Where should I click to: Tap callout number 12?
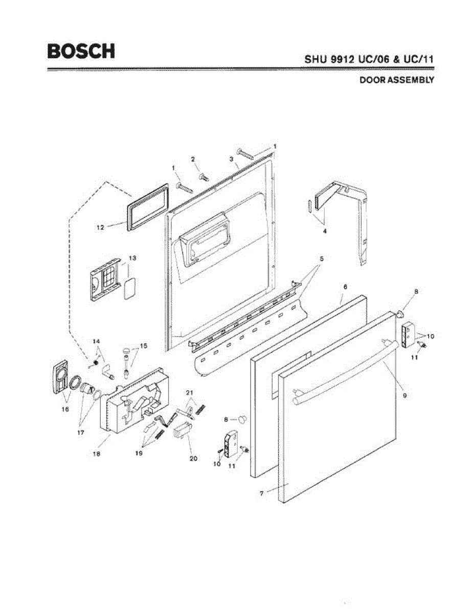(101, 228)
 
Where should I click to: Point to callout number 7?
(262, 493)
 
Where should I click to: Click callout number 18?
(96, 453)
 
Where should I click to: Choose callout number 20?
(193, 458)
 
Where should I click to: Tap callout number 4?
(324, 230)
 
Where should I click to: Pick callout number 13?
(132, 258)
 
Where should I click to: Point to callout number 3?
(232, 159)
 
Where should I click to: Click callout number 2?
(193, 159)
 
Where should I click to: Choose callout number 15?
(143, 346)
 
